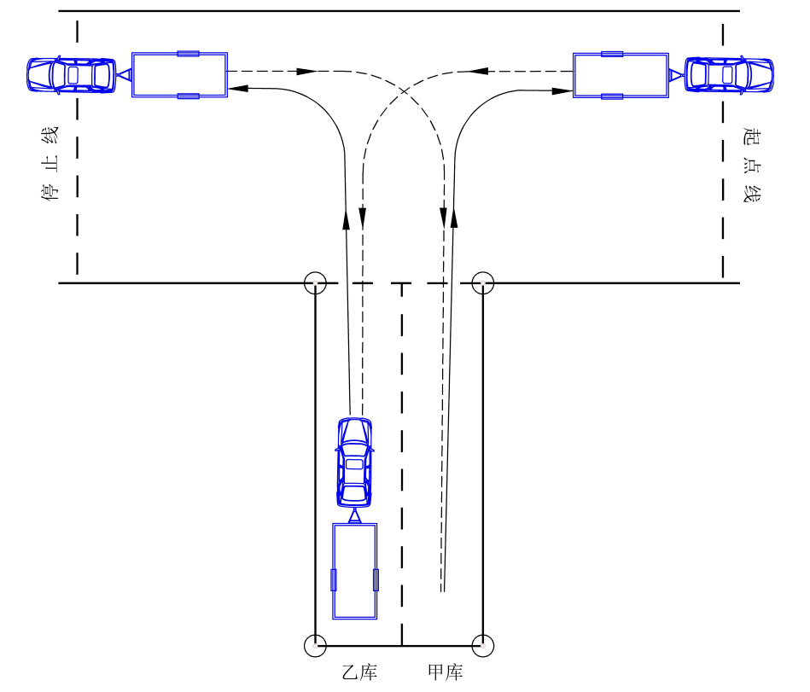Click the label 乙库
pos(359,672)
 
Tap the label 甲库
pos(446,672)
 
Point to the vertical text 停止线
pos(50,163)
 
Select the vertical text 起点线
pos(752,164)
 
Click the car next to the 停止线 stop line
pos(72,75)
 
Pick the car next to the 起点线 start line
pos(729,75)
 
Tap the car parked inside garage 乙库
pos(354,462)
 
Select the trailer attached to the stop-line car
pos(180,75)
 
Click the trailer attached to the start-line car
pos(621,75)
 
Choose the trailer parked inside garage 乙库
pos(355,571)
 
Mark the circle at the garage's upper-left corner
pos(315,283)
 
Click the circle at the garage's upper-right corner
pos(483,283)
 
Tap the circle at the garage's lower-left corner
pos(315,646)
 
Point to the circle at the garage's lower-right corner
pos(483,646)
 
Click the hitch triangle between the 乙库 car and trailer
pos(354,516)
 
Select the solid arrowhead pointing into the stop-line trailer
pos(238,88)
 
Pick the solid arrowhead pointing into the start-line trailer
pos(562,91)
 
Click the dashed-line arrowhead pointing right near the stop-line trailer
pos(307,72)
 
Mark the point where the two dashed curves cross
pos(404,91)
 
